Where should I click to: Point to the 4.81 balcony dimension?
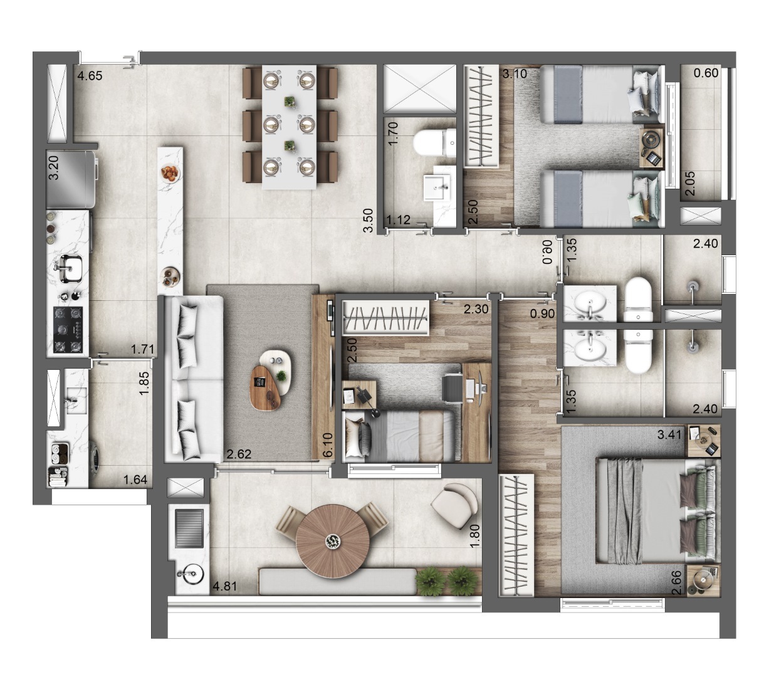pyautogui.click(x=226, y=587)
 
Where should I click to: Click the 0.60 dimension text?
pyautogui.click(x=706, y=75)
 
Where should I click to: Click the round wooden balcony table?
pyautogui.click(x=329, y=538)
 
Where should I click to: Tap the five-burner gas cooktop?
pyautogui.click(x=68, y=328)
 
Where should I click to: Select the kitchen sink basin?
pyautogui.click(x=70, y=268)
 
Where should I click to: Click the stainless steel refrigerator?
pyautogui.click(x=70, y=180)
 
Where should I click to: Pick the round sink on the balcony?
pyautogui.click(x=189, y=572)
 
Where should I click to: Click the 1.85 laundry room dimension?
pyautogui.click(x=144, y=383)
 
